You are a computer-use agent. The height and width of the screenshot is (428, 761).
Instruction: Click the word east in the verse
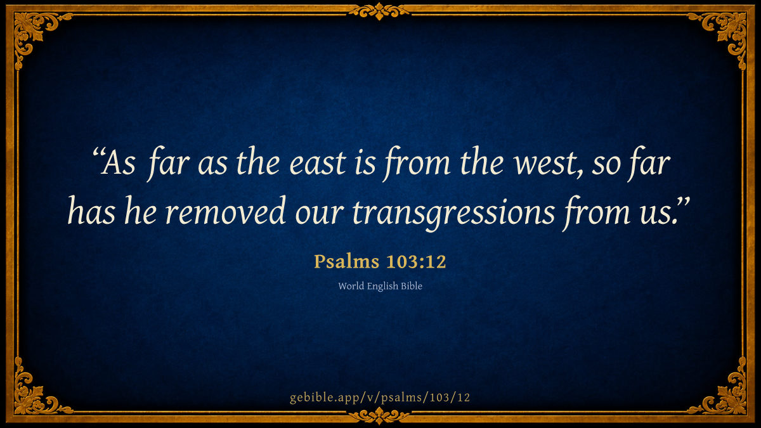tap(317, 164)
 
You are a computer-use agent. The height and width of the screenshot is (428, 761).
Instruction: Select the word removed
tap(225, 212)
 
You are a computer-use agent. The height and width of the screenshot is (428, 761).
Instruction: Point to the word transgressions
tap(453, 214)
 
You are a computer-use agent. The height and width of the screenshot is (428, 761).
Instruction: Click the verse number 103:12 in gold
tap(416, 262)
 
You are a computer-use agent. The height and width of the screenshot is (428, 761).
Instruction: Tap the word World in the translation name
tap(351, 286)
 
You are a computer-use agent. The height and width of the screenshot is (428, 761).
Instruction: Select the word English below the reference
tap(382, 287)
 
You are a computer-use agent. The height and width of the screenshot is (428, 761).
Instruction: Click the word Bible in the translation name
tap(412, 286)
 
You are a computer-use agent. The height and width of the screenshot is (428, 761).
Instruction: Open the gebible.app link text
tap(380, 398)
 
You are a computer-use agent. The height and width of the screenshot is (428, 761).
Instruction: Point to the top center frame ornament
tap(379, 11)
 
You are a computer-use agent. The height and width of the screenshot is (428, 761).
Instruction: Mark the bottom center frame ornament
tap(379, 416)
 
